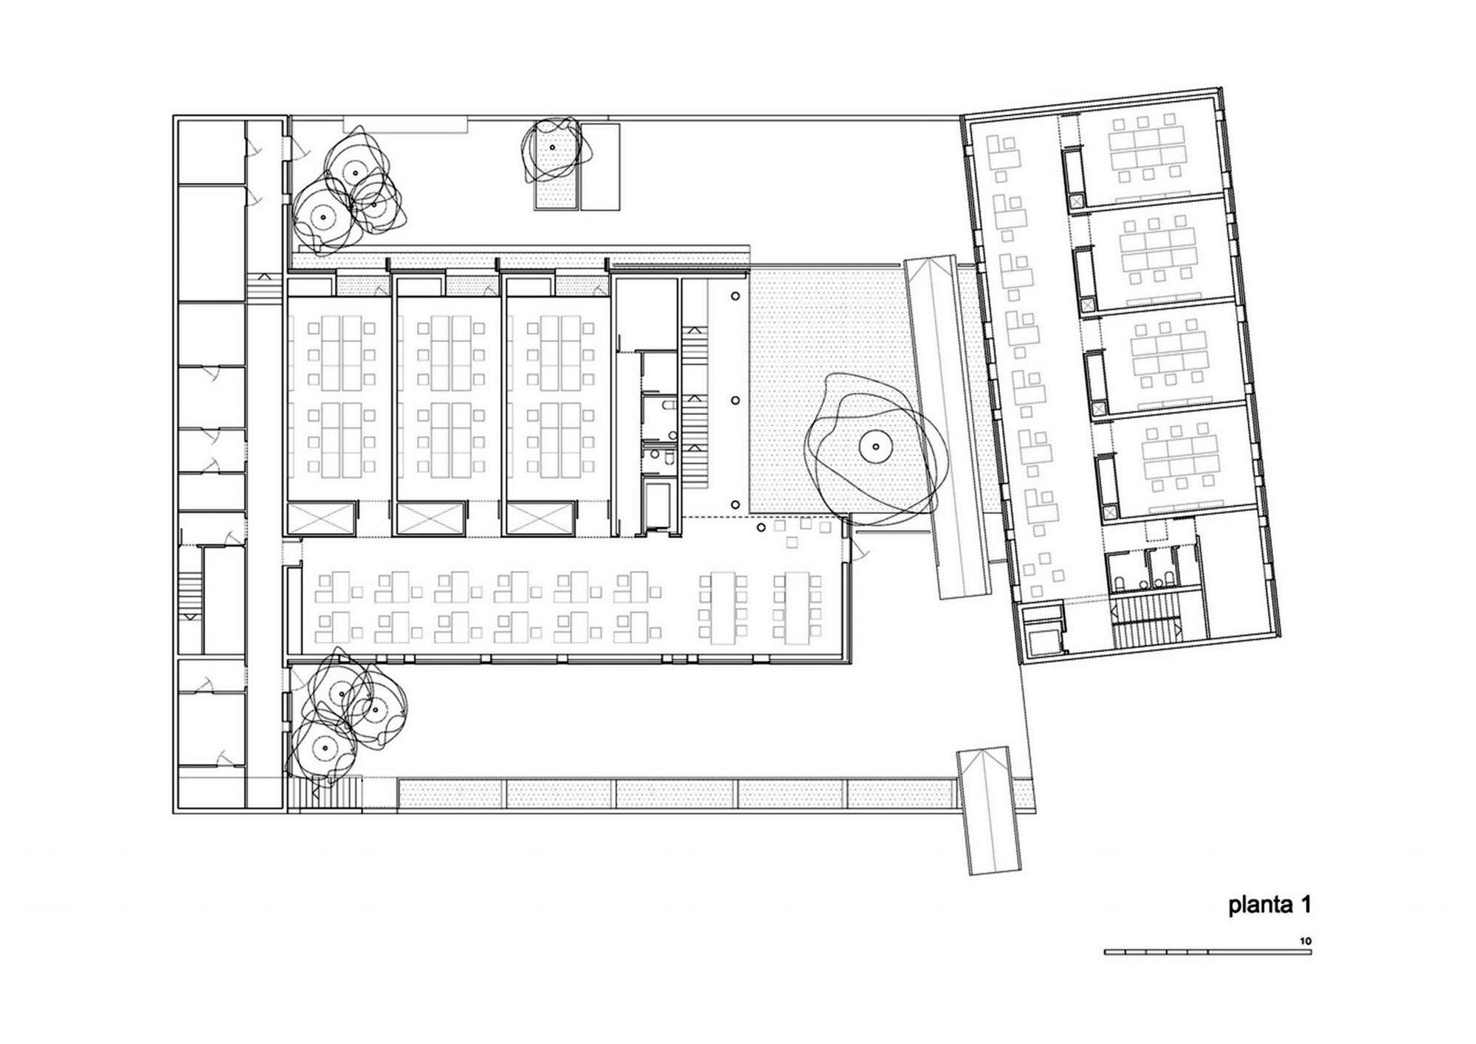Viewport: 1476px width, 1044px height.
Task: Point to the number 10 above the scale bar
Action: (x=1306, y=941)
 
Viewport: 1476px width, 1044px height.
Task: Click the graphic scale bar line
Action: (x=1207, y=952)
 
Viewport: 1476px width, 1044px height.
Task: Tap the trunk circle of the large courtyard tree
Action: (x=875, y=446)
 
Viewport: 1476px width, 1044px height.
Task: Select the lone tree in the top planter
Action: (x=552, y=151)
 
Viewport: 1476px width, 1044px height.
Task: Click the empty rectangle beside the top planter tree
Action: (x=600, y=166)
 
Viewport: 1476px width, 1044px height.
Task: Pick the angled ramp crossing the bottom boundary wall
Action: (x=989, y=810)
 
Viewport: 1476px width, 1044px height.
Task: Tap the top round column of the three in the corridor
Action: (x=736, y=296)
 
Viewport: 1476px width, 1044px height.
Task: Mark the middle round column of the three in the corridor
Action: (x=736, y=400)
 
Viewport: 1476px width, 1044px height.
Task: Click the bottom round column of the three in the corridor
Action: (x=736, y=504)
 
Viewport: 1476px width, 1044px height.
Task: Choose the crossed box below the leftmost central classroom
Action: (x=321, y=518)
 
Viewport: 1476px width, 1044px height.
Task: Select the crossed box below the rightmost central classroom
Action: (x=540, y=518)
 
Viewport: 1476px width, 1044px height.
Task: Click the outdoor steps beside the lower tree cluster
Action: (x=325, y=794)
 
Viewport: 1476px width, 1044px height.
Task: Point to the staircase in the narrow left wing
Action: (x=190, y=595)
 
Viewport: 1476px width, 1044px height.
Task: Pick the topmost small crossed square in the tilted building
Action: (x=1076, y=200)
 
